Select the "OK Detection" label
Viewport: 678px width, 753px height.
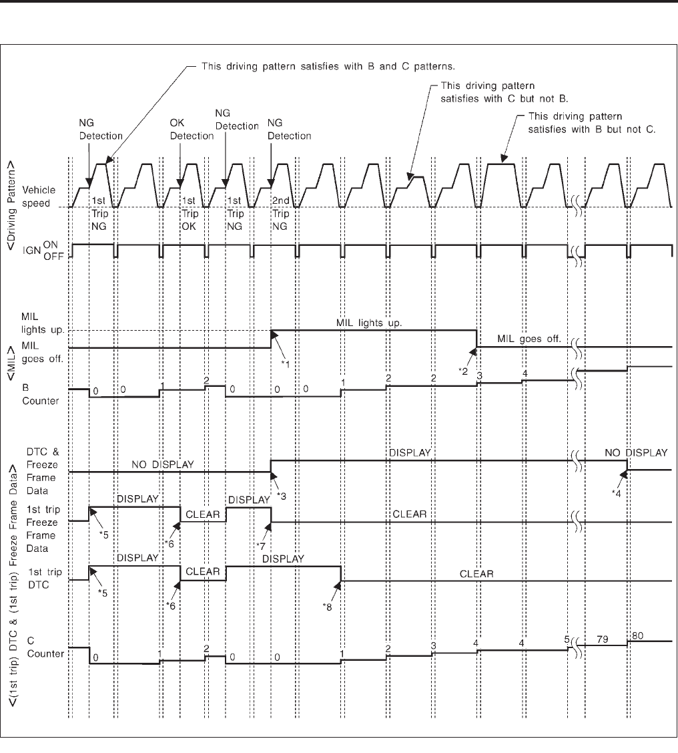(192, 130)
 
